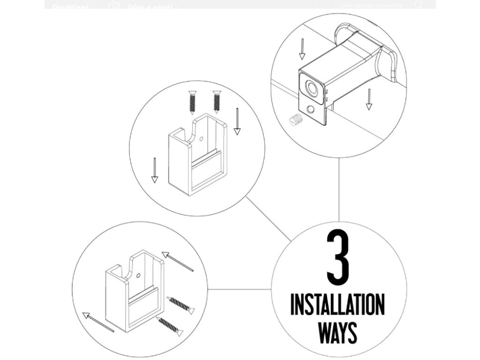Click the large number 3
[338, 257]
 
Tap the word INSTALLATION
[337, 305]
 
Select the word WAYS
[337, 332]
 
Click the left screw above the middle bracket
[192, 103]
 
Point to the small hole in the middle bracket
[201, 139]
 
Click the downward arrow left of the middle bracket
[155, 170]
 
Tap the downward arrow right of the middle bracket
[237, 121]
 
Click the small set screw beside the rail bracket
[294, 120]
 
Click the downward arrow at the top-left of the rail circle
[302, 49]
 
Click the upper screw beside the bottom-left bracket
[181, 305]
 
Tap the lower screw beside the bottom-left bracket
[170, 326]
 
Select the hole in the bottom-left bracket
[139, 275]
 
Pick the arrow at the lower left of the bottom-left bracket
[98, 322]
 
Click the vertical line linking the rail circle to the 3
[339, 190]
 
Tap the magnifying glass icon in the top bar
[418, 5]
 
